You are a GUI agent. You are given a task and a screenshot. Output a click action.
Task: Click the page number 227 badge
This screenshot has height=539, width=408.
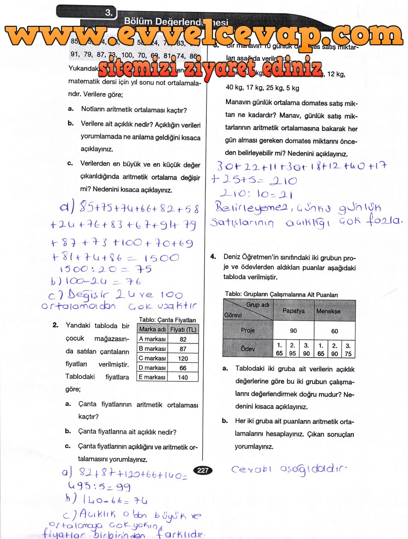click(203, 470)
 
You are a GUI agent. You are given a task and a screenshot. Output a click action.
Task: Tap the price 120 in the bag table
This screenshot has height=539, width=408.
click(183, 358)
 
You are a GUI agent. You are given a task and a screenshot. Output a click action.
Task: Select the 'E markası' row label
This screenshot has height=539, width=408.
click(152, 377)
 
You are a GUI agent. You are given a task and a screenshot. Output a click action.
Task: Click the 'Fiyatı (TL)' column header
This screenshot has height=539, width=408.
click(183, 329)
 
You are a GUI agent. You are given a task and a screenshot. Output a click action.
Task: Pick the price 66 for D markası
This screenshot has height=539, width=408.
click(183, 368)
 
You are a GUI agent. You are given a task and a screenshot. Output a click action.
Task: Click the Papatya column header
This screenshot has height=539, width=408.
click(293, 311)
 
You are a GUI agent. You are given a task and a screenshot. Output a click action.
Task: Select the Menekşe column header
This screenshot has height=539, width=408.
click(328, 311)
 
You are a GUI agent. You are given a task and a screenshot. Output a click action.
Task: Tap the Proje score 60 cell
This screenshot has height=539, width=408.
click(335, 331)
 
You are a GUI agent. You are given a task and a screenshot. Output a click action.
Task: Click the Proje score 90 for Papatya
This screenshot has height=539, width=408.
click(293, 331)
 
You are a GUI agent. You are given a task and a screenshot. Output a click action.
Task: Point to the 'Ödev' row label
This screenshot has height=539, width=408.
click(248, 349)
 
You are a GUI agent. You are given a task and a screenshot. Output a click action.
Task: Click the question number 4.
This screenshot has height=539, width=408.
click(213, 257)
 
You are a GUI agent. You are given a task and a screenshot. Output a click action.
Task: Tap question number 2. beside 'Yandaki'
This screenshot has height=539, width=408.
click(55, 325)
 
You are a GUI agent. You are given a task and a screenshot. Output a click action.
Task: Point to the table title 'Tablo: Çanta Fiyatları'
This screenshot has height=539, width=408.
click(167, 320)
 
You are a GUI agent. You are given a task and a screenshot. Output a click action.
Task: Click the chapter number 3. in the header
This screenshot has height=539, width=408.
click(109, 13)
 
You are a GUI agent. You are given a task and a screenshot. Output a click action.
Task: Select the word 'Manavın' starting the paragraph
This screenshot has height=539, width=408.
click(239, 103)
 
